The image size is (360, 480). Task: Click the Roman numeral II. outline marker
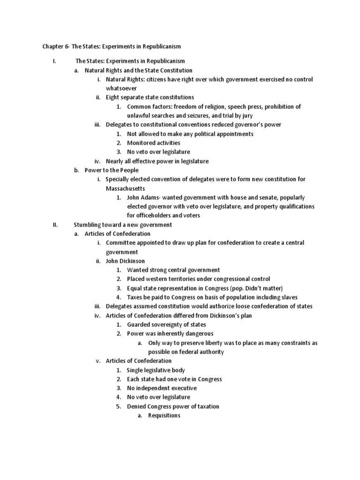54,225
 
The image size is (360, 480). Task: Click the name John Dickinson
125,261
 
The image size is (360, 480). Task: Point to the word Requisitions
164,415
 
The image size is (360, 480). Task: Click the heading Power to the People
112,170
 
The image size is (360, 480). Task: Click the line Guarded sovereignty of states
166,324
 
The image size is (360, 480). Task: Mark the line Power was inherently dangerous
170,334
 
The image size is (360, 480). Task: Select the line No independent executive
162,388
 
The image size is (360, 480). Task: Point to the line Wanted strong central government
173,270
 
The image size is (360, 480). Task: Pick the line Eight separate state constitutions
150,97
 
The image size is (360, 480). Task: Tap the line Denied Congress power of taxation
173,406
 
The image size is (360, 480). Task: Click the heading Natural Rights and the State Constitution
138,70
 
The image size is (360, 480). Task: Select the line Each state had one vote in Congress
174,379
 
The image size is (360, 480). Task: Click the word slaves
288,297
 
